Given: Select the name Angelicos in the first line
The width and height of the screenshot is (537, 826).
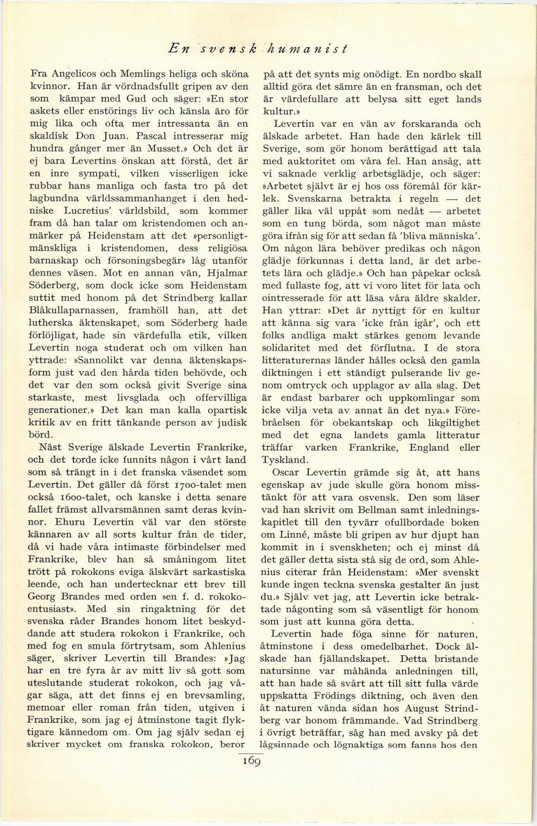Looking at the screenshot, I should coord(75,74).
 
